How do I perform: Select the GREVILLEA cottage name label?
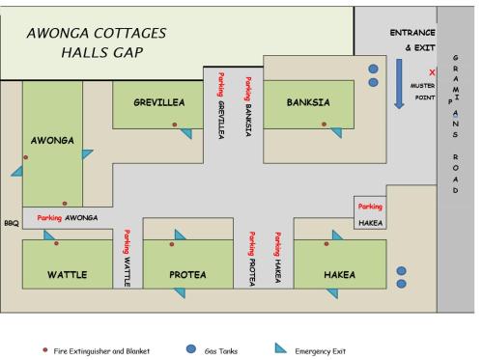pos(159,101)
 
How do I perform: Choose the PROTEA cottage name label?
pos(187,275)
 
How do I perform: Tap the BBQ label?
pos(11,223)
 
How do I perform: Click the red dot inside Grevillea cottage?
pos(174,125)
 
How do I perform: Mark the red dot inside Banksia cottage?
pos(325,125)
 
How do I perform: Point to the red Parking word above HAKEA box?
pos(370,207)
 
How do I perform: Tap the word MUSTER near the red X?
pos(422,85)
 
